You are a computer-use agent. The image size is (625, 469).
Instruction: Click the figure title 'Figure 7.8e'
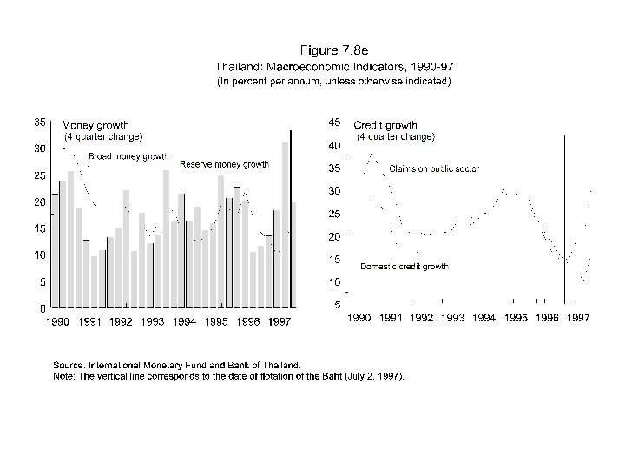pos(333,50)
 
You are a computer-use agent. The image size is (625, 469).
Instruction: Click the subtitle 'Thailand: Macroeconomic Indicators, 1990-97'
pos(334,66)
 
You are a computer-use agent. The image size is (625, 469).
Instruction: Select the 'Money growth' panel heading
pos(95,125)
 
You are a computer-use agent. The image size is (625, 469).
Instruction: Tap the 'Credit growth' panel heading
pos(385,125)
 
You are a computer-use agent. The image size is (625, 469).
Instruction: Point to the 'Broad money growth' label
pos(128,156)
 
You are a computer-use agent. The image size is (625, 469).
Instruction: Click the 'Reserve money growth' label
pos(224,164)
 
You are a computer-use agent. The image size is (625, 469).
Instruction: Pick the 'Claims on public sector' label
pos(434,168)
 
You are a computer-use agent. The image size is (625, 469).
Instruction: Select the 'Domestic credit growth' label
pos(405,267)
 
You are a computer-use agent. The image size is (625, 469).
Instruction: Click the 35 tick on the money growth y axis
pos(40,122)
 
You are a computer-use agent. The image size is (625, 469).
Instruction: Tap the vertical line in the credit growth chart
pos(565,217)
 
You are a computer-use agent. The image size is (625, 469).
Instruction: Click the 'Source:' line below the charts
pos(178,366)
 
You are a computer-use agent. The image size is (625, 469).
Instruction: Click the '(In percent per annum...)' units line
pos(333,82)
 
